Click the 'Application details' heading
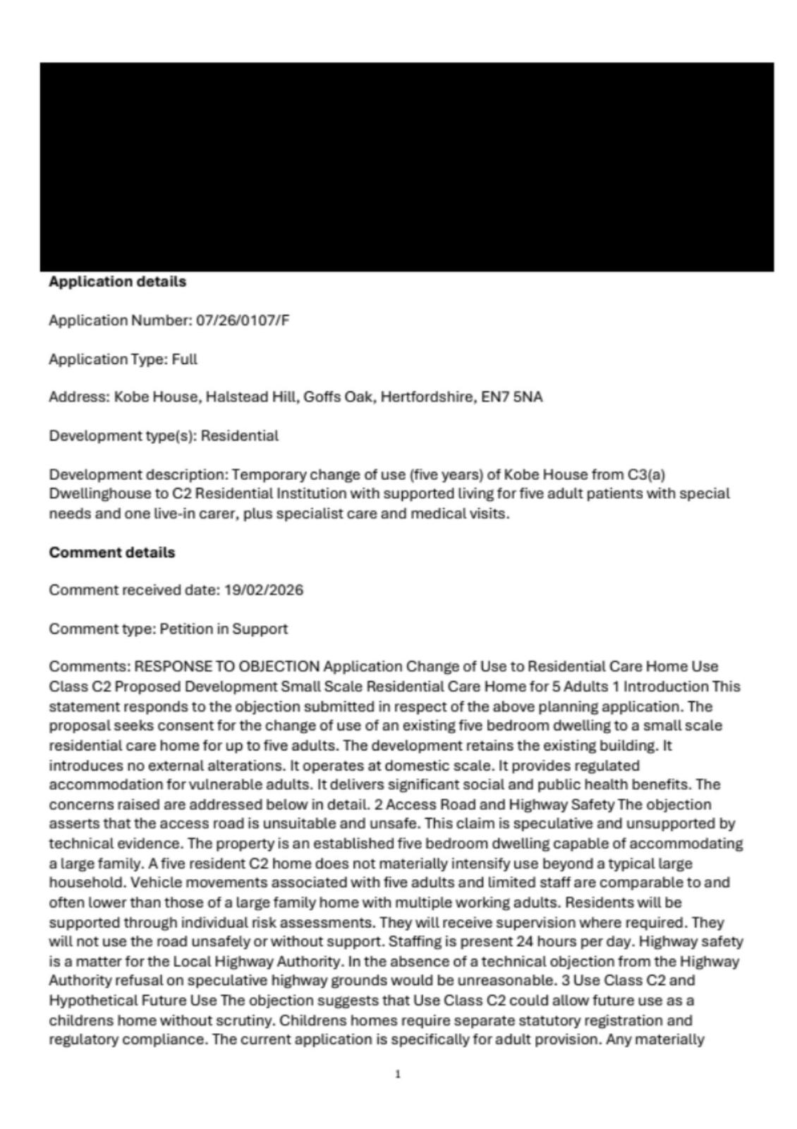coord(117,282)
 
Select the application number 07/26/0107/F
coord(243,320)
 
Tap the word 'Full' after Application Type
coord(185,359)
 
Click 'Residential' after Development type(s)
coord(240,435)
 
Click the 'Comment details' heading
coord(111,552)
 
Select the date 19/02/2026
coord(264,590)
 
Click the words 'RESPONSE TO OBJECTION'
coord(227,666)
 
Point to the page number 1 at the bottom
coord(398,1074)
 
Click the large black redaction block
coord(406,167)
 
